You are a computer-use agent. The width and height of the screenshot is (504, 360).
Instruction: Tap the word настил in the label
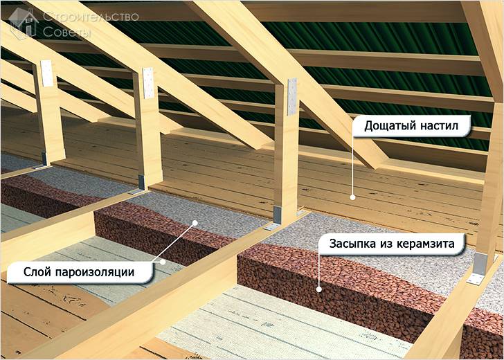point(437,126)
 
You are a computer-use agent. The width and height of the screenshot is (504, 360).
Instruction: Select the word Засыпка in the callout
point(351,244)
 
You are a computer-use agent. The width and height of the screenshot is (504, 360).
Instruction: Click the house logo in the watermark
point(23,23)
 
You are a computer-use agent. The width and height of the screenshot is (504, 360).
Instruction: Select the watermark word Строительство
point(91,17)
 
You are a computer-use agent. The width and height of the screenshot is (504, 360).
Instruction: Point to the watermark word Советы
point(67,32)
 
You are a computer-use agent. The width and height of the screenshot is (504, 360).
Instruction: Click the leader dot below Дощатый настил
point(352,197)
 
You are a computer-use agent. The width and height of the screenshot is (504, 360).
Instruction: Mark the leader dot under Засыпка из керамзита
point(319,289)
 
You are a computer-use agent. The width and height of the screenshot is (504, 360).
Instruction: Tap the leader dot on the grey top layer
point(195,222)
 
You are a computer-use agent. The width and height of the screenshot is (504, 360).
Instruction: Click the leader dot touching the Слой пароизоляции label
point(163,262)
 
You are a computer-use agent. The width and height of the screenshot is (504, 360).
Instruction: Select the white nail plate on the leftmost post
point(46,73)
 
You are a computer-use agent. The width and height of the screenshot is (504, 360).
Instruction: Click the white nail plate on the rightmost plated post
point(292,96)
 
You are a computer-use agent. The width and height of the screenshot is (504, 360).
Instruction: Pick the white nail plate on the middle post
point(148,83)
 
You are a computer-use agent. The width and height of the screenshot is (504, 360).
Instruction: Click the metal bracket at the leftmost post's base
point(43,161)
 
